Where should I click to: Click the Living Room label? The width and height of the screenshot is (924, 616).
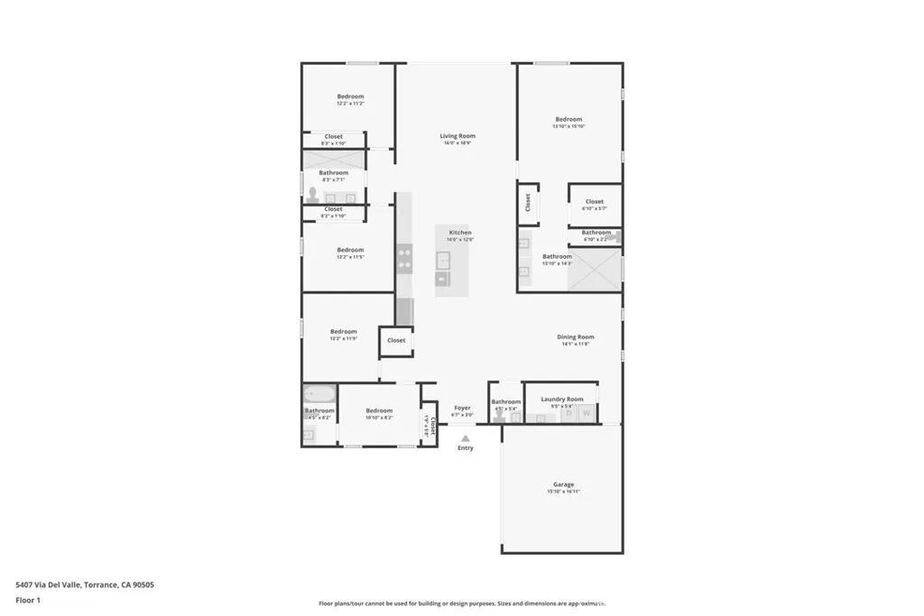457,136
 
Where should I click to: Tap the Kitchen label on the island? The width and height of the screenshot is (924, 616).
460,233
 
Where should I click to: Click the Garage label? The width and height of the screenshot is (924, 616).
563,484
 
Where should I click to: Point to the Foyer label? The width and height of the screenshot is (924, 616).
462,408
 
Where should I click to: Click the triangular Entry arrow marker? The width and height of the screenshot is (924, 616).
466,438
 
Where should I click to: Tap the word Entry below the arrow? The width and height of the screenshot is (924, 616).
466,448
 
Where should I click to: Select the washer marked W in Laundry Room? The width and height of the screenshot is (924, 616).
587,414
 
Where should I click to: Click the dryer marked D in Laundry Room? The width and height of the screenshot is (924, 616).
569,414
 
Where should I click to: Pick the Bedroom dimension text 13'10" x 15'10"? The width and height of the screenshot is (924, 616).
568,126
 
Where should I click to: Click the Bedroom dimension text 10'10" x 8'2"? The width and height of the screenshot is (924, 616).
379,418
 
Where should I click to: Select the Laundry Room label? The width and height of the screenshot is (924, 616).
561,399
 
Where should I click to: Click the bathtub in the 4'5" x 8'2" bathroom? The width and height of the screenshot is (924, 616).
319,393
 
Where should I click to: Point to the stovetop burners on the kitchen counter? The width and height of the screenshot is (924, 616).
404,259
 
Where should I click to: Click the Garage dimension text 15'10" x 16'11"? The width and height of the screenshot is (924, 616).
563,492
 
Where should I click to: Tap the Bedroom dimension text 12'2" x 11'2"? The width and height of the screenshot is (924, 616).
350,104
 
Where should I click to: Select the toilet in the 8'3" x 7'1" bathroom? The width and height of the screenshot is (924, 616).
313,195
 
